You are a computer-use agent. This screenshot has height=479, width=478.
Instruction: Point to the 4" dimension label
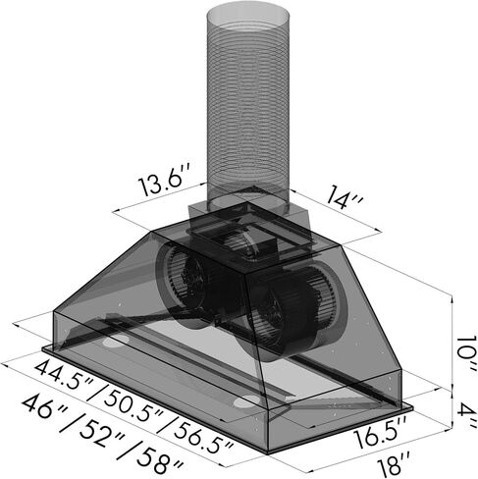467,414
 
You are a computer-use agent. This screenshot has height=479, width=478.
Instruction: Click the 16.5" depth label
381,432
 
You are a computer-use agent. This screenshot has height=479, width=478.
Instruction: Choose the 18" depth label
394,464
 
